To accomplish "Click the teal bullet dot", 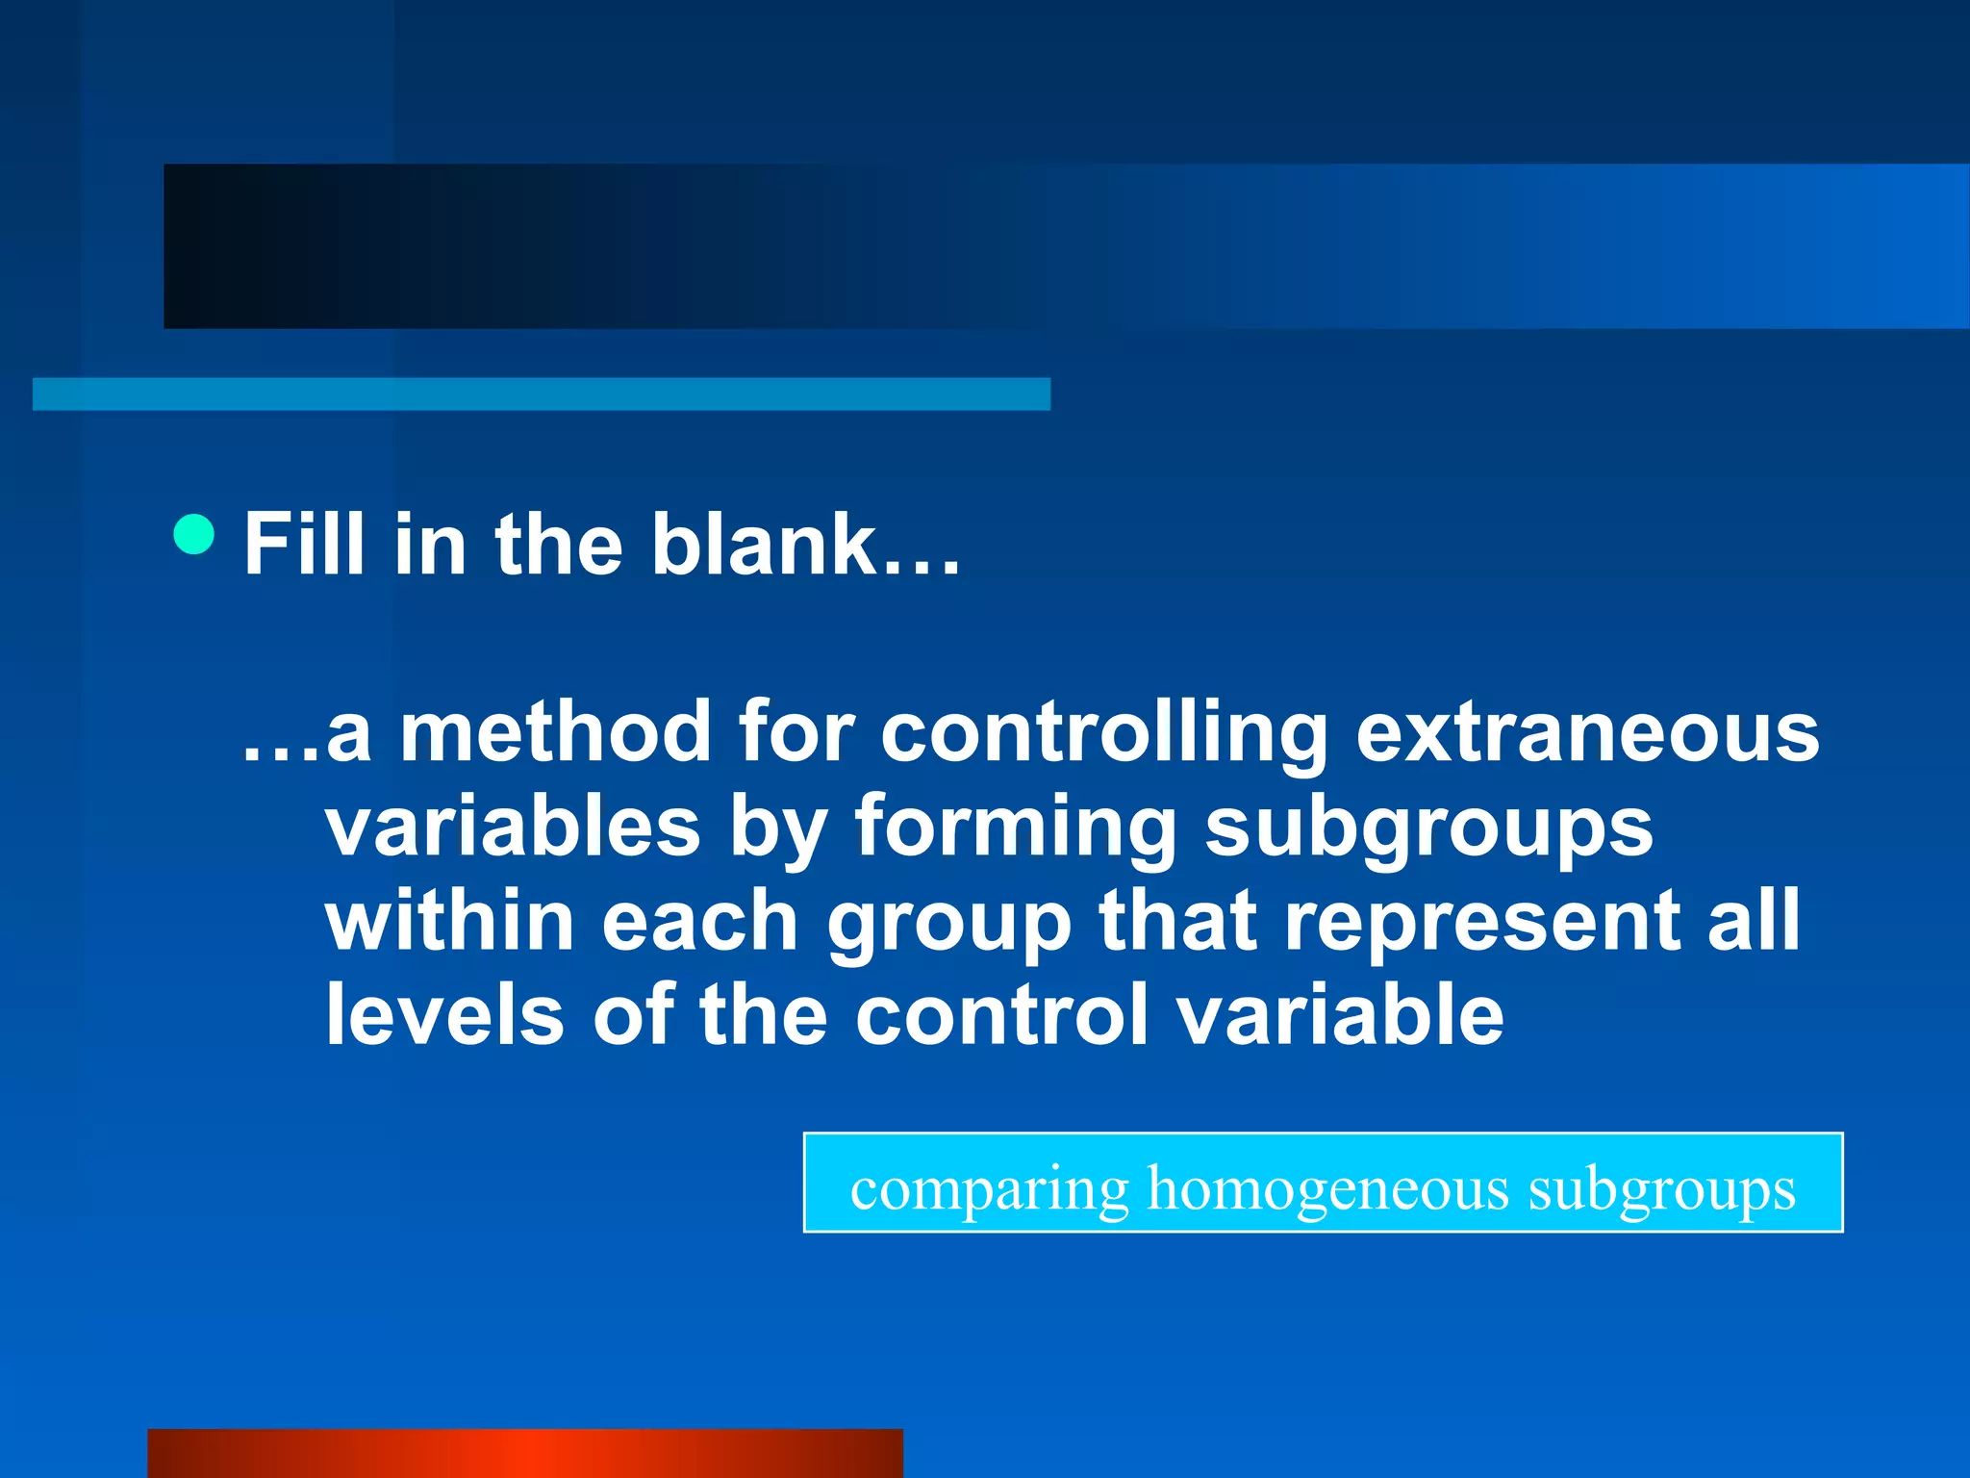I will tap(194, 534).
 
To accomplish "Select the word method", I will tap(555, 733).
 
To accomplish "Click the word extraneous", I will tap(1587, 733).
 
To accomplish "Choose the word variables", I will tap(513, 828).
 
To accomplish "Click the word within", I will tap(450, 921).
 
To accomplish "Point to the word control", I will tap(1001, 1014).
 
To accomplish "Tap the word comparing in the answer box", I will tap(989, 1190).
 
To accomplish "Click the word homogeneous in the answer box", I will tap(1328, 1190).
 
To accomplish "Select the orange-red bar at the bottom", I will tap(525, 1453).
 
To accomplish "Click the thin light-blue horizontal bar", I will tap(541, 395).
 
